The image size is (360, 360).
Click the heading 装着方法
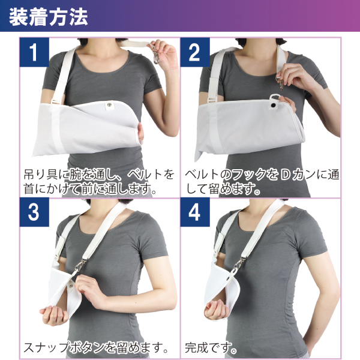tap(49, 17)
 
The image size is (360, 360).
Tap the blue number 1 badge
tap(34, 52)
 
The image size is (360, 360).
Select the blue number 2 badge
tap(195, 52)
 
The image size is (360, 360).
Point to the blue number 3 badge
tap(34, 212)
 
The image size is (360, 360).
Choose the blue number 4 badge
tap(195, 212)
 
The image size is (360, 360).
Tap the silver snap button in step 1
tap(109, 105)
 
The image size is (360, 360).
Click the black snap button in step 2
tap(273, 105)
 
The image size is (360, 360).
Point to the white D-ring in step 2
tap(274, 97)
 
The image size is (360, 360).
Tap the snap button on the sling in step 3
tap(71, 286)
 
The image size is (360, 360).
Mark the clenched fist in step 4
tap(216, 310)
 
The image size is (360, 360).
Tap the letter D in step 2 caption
tap(286, 175)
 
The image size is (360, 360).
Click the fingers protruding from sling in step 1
tap(140, 134)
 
